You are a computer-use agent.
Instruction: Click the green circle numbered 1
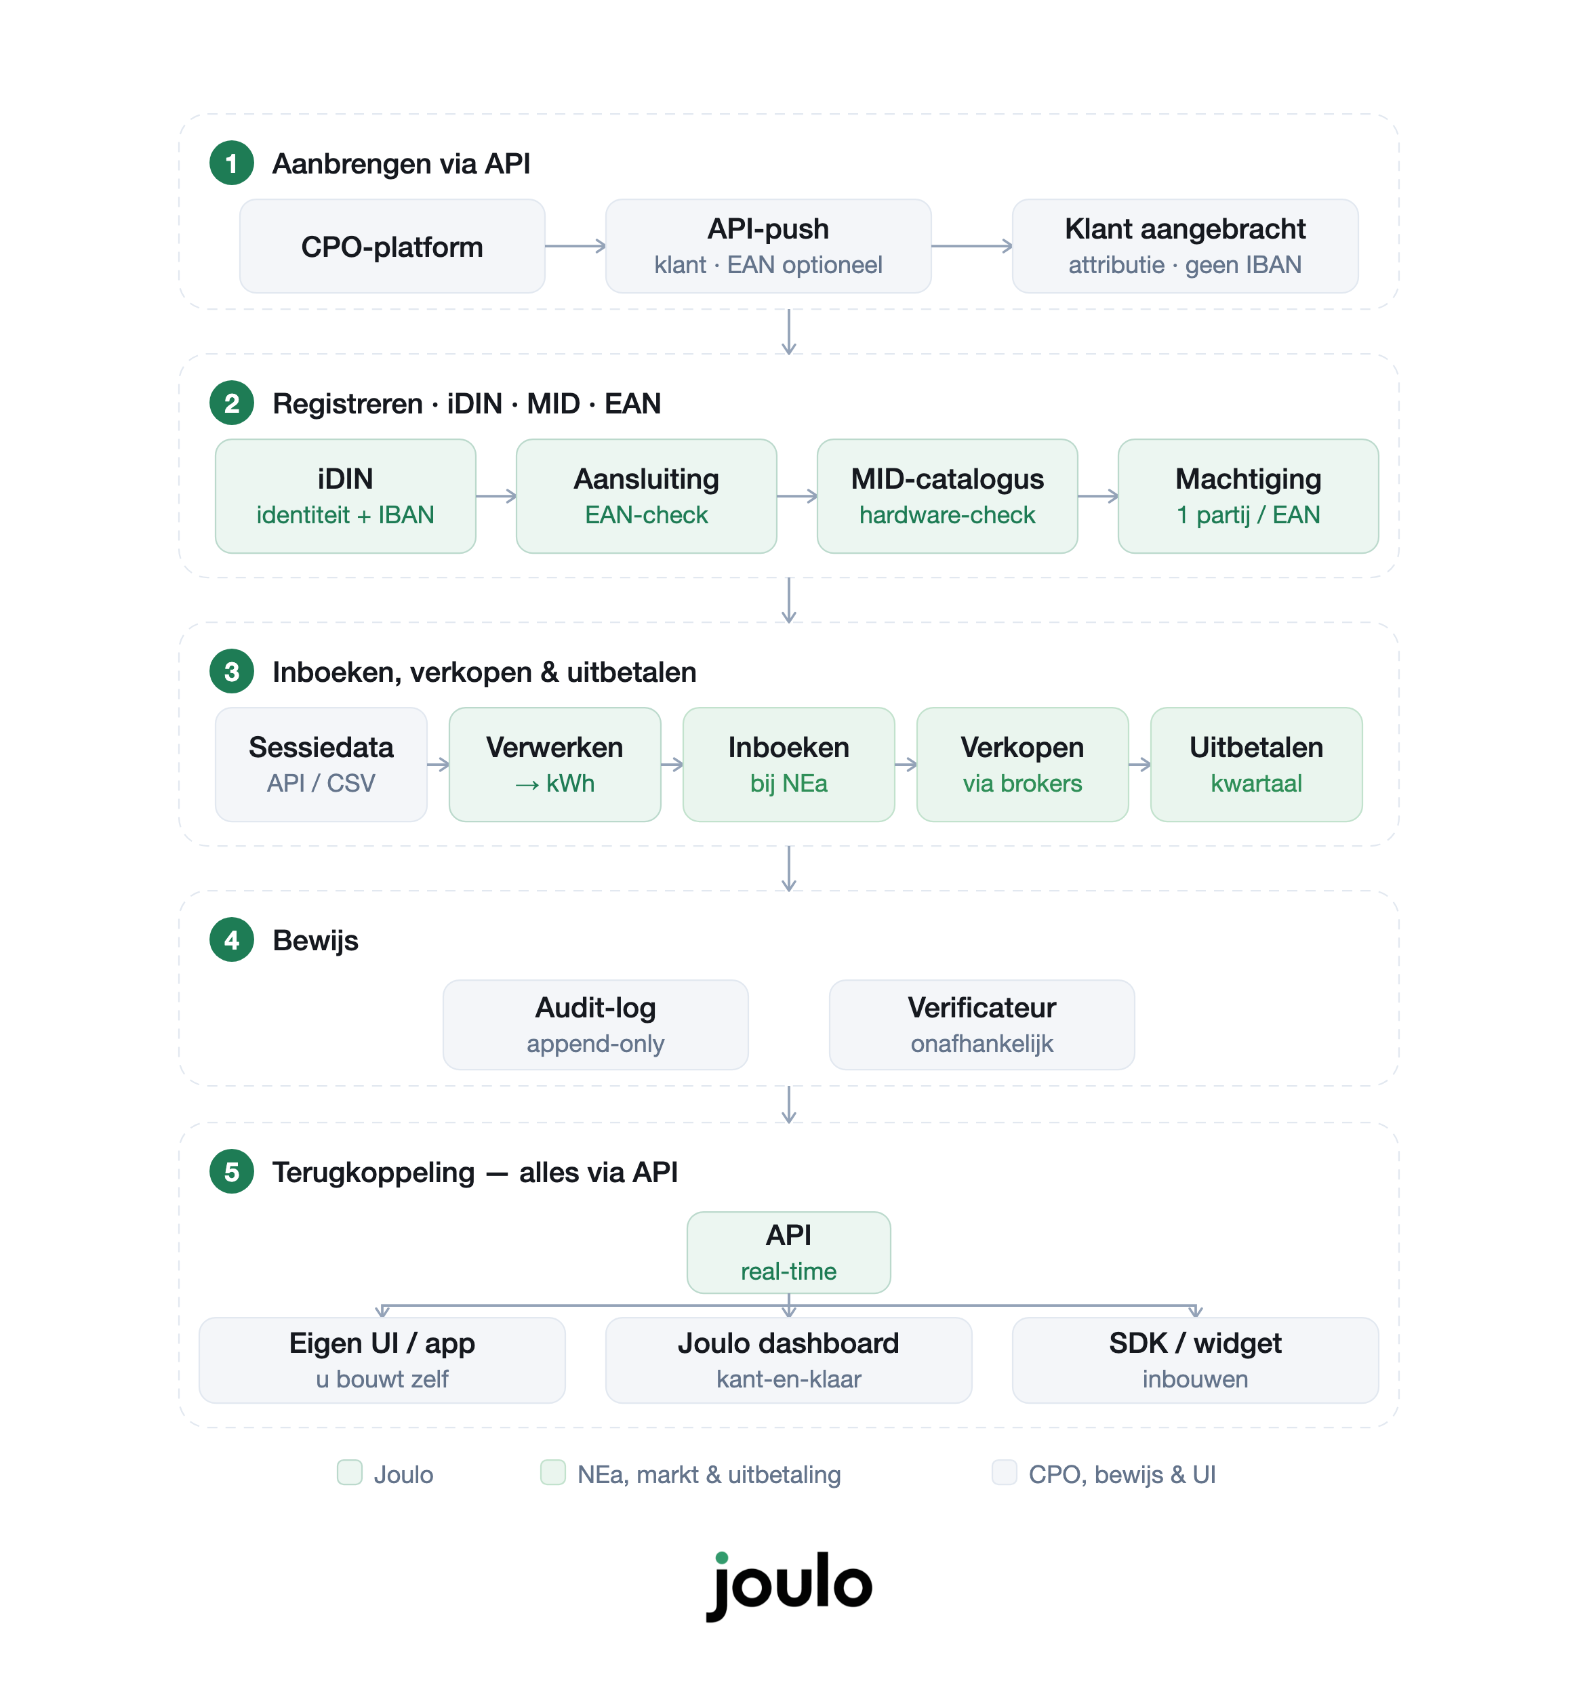231,163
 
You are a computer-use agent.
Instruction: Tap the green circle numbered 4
231,940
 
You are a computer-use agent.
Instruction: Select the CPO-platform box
392,247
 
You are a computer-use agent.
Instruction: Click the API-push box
768,247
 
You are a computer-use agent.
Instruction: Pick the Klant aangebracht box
1186,247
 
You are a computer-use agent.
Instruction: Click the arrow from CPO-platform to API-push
575,246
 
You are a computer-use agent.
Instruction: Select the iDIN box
345,496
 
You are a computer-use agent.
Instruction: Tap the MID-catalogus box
947,496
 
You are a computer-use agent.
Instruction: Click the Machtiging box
1249,496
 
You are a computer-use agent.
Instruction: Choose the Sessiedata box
321,764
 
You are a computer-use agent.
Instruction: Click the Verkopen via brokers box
1023,764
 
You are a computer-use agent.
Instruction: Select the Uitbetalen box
1257,764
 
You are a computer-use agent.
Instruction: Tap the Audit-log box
596,1024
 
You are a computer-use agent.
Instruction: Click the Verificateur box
982,1024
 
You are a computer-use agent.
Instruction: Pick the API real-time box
789,1253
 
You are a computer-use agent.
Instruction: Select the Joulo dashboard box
789,1360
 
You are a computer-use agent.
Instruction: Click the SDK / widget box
1196,1360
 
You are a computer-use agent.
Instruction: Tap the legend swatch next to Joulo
349,1473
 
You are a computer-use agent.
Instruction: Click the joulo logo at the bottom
789,1585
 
